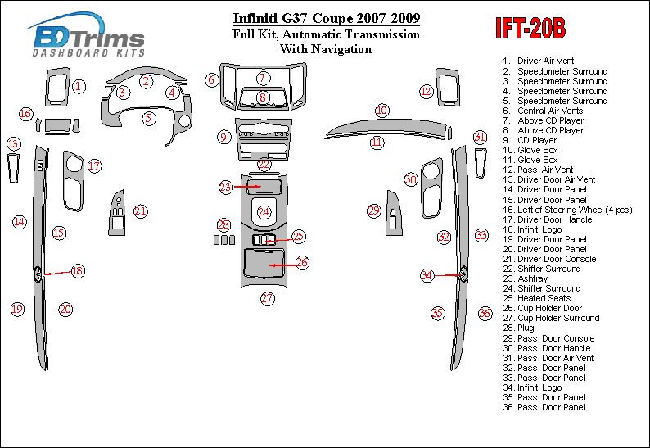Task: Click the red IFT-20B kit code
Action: (x=530, y=29)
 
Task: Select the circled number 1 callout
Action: (x=79, y=86)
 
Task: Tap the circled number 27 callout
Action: (x=268, y=298)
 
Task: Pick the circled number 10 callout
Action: (x=381, y=110)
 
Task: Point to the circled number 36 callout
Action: (x=485, y=313)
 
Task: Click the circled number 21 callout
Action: (x=141, y=211)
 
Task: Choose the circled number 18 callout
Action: (x=77, y=270)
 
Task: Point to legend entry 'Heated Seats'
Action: (x=544, y=298)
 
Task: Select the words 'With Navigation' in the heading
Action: (x=326, y=48)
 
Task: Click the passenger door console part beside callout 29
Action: (x=394, y=215)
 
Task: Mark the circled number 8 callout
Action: (x=263, y=97)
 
